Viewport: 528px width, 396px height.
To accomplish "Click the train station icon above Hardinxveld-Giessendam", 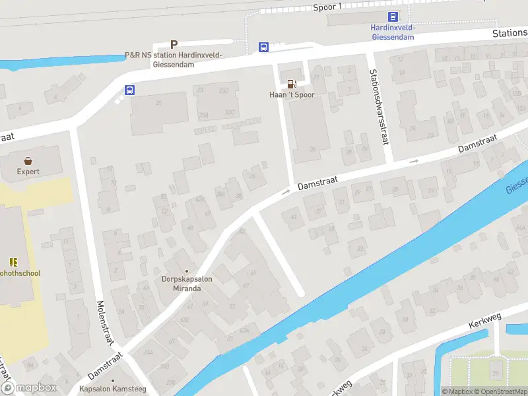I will point(392,17).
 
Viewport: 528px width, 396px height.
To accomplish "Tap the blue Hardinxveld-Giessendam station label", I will point(392,32).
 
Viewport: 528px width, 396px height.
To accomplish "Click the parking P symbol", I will point(174,44).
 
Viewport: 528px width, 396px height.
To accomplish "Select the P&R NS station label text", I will point(174,59).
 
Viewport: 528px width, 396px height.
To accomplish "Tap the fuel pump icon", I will point(291,84).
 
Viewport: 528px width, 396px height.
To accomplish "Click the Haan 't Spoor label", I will point(291,95).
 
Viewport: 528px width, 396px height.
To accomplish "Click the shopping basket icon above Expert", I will point(28,160).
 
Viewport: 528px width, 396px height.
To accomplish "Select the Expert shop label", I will point(28,172).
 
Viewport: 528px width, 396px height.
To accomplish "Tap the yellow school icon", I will point(13,262).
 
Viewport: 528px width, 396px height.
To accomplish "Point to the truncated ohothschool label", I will point(20,273).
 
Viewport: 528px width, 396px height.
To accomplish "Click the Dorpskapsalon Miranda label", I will point(187,284).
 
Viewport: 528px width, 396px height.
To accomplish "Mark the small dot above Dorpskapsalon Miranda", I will point(187,271).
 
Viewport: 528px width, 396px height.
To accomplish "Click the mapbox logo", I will point(29,388).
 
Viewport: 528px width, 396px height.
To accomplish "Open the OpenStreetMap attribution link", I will point(500,391).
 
